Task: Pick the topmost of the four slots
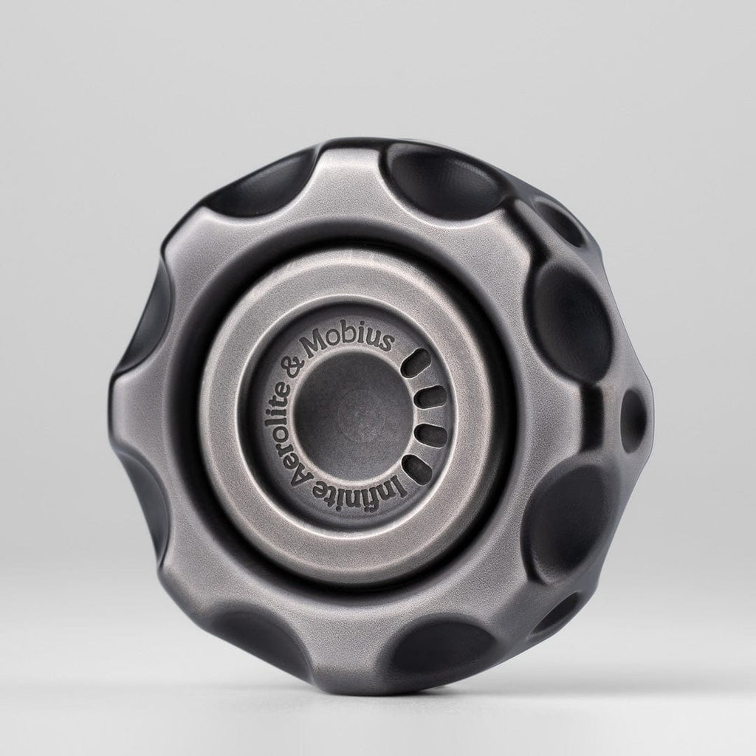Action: [x=419, y=361]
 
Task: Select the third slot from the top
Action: [x=431, y=433]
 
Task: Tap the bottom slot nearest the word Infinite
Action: [x=419, y=467]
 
